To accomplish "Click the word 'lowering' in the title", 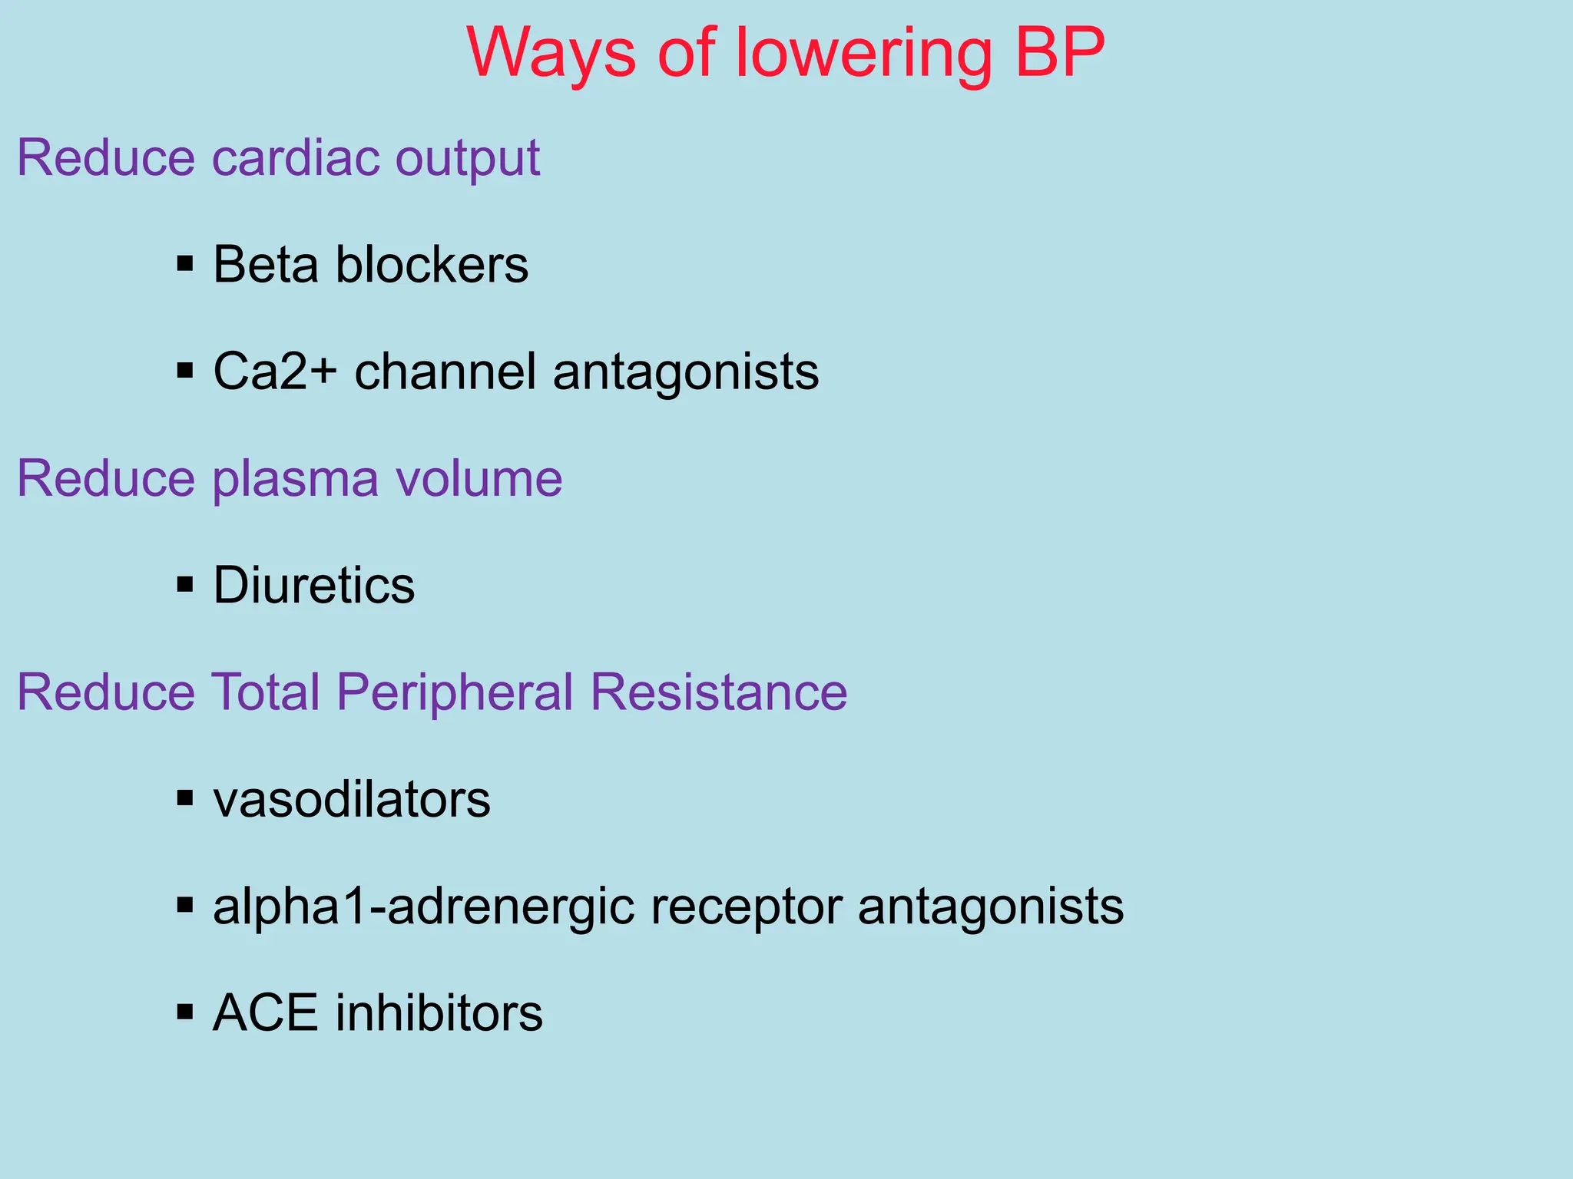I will click(x=863, y=54).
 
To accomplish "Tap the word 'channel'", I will click(x=445, y=372).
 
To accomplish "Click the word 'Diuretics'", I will click(x=313, y=586).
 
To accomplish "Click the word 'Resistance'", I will click(x=718, y=692).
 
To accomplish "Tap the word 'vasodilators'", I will click(x=352, y=800).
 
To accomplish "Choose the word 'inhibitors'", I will click(x=439, y=1013).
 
